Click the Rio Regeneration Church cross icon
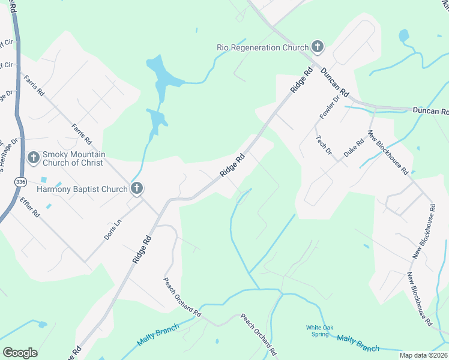click(318, 47)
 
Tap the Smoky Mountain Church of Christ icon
click(34, 158)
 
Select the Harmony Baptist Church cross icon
click(137, 189)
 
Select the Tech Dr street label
click(324, 144)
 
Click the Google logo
click(20, 353)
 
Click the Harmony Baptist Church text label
click(82, 190)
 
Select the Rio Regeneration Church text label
click(262, 47)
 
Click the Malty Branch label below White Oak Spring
click(358, 343)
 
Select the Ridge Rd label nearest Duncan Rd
click(302, 79)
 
